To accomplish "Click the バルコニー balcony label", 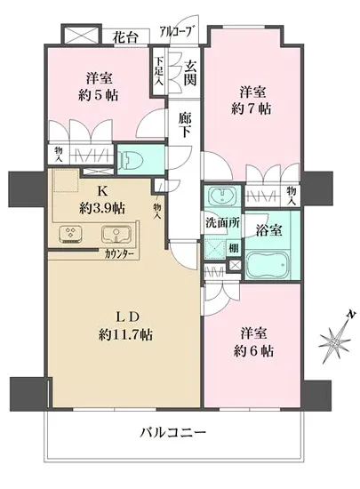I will (173, 433).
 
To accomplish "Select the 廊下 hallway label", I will (185, 124).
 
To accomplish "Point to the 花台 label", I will (126, 36).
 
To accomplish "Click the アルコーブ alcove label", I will (174, 32).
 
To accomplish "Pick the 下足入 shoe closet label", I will (158, 72).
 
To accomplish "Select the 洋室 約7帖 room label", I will (253, 99).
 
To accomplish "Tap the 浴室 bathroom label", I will (271, 230).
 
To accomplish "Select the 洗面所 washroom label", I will (218, 221).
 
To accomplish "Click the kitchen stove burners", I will (70, 235).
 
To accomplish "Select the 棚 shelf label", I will (233, 249).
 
